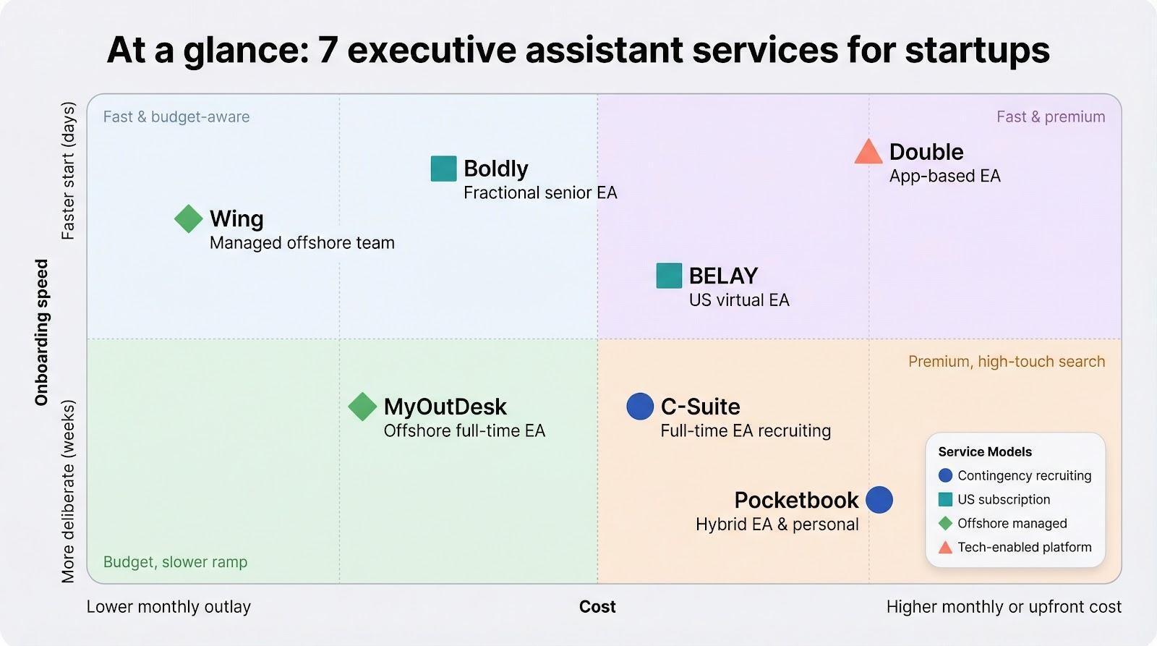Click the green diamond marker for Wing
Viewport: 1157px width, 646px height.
(x=189, y=218)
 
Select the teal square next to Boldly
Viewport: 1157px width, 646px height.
(x=443, y=169)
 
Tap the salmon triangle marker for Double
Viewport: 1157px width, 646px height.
(x=868, y=153)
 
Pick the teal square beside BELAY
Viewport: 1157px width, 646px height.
(x=669, y=276)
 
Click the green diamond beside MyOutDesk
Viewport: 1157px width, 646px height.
(x=362, y=407)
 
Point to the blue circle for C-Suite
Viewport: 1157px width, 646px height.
(x=640, y=407)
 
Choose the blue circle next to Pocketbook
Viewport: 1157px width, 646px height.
(x=879, y=500)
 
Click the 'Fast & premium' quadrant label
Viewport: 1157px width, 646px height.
(x=1050, y=117)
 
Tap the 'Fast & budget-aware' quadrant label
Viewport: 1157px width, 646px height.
(x=176, y=117)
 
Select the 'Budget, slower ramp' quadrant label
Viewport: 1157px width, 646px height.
(x=175, y=562)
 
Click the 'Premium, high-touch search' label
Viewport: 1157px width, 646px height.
(x=1007, y=362)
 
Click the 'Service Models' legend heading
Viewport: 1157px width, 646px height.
(x=985, y=452)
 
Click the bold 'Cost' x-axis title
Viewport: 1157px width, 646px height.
(x=597, y=607)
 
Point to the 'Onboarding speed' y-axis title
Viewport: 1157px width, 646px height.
(x=42, y=333)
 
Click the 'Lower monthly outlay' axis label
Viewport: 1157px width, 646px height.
(x=168, y=607)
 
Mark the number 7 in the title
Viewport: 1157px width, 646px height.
(x=328, y=51)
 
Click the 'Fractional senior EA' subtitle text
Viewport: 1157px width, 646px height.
(x=540, y=193)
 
